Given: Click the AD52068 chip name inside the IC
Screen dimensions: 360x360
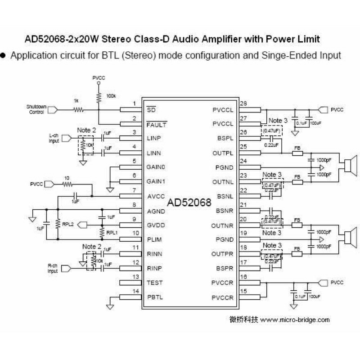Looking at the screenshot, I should pos(189,202).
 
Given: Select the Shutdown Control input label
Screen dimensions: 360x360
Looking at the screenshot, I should pos(36,109).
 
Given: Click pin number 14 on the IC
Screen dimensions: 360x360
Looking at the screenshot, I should pos(134,292).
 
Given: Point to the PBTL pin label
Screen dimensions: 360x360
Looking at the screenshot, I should pos(156,297).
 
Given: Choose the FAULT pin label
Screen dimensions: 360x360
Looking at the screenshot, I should pos(157,124).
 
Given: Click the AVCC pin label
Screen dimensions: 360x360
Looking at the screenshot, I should pos(156,196).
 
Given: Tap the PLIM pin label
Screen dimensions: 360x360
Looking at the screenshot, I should pos(155,239).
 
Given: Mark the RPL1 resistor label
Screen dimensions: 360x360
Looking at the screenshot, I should pos(112,233).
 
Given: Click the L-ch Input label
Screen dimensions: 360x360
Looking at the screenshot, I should pos(54,138).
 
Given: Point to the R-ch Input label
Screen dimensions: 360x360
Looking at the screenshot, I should pos(53,269).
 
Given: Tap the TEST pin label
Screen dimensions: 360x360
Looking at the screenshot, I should pos(155,283).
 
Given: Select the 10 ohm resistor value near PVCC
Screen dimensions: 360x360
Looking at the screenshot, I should pos(67,178).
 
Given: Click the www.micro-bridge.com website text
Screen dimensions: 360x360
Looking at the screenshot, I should pos(295,320).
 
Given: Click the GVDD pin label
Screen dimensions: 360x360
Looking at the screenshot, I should pos(156,225).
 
